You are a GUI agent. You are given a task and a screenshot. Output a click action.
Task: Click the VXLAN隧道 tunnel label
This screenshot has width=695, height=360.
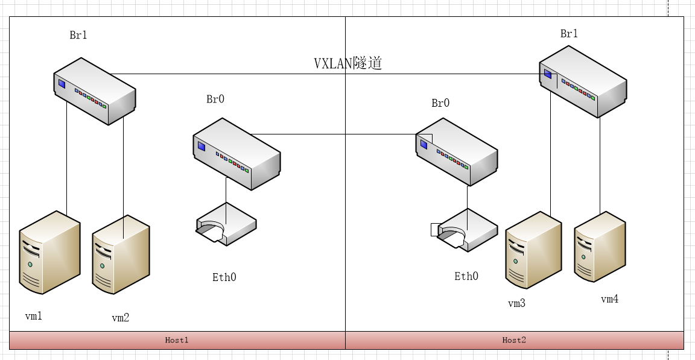(x=348, y=63)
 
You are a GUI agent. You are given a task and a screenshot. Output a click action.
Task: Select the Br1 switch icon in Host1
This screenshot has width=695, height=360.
(x=95, y=91)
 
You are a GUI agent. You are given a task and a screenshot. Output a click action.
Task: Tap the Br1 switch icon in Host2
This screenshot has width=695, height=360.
(x=583, y=81)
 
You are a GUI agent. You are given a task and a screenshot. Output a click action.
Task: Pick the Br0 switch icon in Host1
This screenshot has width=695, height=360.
(x=236, y=154)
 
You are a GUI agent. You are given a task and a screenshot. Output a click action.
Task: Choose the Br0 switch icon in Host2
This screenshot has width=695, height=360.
(x=457, y=151)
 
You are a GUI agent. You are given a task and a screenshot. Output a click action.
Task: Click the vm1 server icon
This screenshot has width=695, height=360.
(x=49, y=253)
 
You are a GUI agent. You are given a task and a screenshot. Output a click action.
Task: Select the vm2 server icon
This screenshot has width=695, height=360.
(x=121, y=254)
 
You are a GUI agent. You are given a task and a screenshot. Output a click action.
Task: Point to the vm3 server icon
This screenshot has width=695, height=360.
(x=533, y=250)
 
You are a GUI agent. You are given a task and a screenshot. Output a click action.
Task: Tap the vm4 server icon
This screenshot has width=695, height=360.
(x=600, y=247)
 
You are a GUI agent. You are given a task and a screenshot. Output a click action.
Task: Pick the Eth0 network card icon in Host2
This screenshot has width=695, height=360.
(x=467, y=230)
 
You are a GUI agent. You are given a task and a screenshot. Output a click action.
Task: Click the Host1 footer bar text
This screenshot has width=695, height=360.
(x=177, y=340)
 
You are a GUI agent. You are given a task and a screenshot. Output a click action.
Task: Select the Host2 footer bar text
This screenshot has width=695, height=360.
(x=514, y=340)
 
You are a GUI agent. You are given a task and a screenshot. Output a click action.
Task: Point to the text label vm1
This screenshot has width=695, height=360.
(x=34, y=315)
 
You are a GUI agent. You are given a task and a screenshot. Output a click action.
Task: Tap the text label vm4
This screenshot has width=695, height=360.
(x=609, y=299)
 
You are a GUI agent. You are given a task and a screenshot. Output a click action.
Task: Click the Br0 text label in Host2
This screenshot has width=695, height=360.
(x=440, y=103)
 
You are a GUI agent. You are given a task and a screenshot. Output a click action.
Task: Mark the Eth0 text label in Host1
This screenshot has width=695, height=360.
(x=224, y=277)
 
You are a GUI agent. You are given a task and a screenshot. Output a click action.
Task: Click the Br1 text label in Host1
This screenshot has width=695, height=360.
(x=78, y=35)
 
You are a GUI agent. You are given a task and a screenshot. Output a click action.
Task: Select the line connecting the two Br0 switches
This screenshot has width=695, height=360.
(x=344, y=134)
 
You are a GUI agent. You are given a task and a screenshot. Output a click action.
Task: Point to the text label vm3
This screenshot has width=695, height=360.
(x=516, y=303)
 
